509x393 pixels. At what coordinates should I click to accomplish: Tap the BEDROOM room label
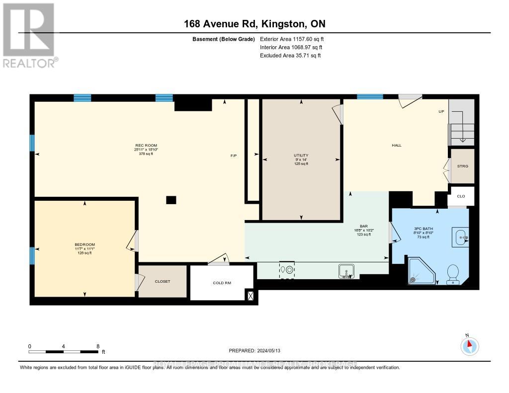click(x=85, y=244)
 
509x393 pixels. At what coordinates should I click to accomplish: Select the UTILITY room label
click(x=301, y=156)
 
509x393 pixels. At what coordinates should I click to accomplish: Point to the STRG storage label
click(x=463, y=166)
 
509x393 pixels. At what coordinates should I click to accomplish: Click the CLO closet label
click(x=461, y=196)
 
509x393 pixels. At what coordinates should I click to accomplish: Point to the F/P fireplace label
click(x=234, y=156)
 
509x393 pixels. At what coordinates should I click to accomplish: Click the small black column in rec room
click(x=171, y=200)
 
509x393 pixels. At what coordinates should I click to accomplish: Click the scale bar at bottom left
click(x=64, y=352)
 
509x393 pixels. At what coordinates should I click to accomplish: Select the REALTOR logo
click(x=29, y=35)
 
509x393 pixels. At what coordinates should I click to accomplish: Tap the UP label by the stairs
click(x=441, y=111)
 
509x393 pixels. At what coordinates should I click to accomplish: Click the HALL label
click(x=396, y=145)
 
